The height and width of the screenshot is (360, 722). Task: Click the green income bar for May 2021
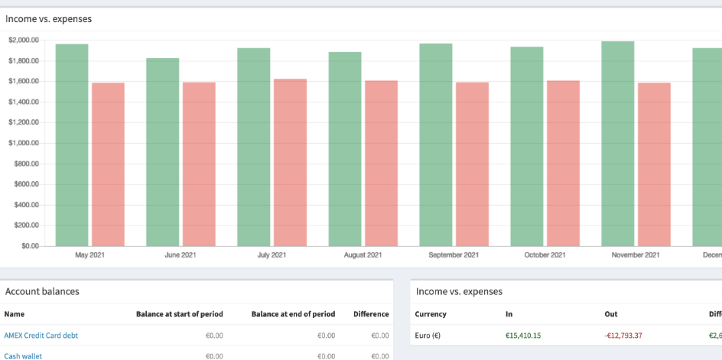[72, 145]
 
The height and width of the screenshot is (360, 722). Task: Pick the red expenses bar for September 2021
[472, 164]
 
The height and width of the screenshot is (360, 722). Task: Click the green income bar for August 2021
[345, 149]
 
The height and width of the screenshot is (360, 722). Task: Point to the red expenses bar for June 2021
[199, 164]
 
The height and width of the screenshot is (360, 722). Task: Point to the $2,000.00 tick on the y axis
[24, 40]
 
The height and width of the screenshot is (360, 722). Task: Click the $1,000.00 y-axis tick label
[24, 143]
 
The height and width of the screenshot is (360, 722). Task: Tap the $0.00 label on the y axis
[31, 246]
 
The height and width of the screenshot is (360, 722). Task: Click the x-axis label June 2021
[180, 255]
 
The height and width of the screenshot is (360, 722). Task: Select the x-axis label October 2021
[545, 255]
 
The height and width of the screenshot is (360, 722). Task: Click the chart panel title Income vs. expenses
[48, 18]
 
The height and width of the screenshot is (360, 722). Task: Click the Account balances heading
[42, 291]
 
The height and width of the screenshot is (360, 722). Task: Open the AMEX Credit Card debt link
[41, 335]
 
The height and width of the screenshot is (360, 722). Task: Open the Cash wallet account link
[23, 355]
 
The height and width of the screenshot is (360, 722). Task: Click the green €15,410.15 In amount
[523, 335]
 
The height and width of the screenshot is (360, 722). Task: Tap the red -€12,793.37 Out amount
[623, 335]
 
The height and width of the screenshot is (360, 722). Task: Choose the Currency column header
[431, 314]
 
